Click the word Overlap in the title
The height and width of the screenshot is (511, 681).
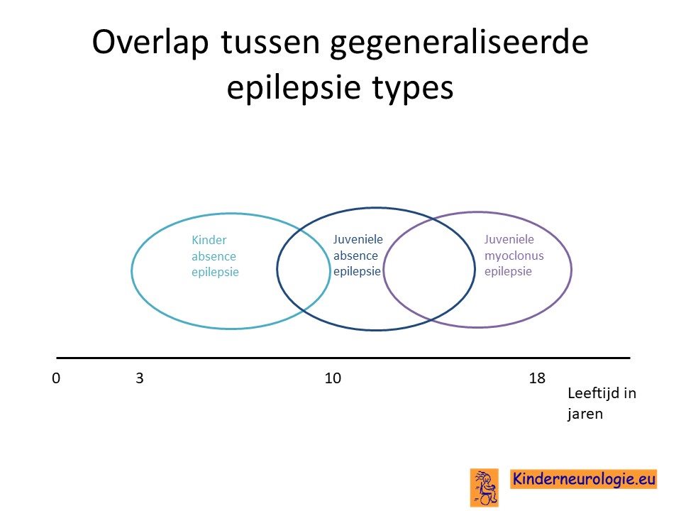click(150, 43)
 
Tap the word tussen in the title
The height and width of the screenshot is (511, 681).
click(270, 43)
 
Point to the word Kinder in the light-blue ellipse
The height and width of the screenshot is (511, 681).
click(209, 240)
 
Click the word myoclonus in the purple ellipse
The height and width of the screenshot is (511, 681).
click(514, 256)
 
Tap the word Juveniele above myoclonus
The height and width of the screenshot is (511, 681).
click(509, 239)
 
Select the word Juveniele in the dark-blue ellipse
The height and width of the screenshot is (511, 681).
click(358, 239)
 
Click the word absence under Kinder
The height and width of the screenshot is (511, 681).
click(214, 256)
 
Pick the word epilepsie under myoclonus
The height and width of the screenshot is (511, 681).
click(508, 272)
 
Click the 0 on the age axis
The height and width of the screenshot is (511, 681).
click(56, 378)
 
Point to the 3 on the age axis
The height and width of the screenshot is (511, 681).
click(140, 378)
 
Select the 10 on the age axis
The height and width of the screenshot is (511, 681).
click(333, 378)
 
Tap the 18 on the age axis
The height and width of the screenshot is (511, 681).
click(537, 378)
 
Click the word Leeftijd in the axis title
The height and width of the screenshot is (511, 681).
click(590, 393)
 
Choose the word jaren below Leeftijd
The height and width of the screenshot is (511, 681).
click(585, 414)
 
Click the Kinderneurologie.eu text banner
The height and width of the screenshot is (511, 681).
click(583, 479)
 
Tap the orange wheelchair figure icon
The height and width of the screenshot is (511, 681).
click(485, 488)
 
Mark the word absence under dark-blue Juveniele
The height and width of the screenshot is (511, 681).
click(355, 255)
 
